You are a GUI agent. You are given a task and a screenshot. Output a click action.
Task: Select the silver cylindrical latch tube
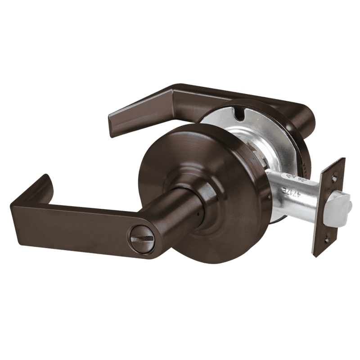[288, 193]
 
